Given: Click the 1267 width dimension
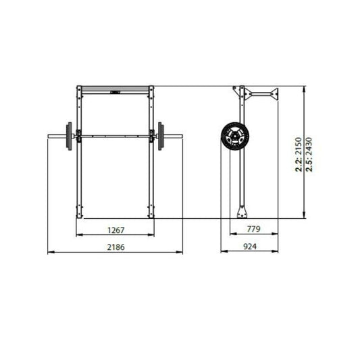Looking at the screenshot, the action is (116, 230).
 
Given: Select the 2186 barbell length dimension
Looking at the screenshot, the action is (116, 247).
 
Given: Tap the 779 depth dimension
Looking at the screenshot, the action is (253, 229).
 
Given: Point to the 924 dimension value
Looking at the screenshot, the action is (250, 247).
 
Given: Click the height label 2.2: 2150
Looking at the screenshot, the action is (299, 155).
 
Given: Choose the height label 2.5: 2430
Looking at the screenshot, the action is (309, 155).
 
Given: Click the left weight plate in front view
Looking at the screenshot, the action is (69, 136).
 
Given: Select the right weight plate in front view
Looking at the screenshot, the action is (161, 136).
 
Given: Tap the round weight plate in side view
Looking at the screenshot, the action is (235, 136).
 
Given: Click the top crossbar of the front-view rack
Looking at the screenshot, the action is (115, 90).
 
